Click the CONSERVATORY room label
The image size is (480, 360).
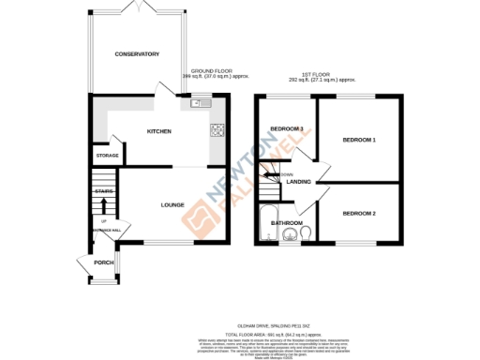point(137,54)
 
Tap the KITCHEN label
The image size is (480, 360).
point(158,132)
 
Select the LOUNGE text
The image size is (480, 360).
point(172,204)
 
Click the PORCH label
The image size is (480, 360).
point(103,262)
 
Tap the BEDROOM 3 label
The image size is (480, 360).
point(287,128)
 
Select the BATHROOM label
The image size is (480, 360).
point(286,222)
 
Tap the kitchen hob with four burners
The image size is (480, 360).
point(217,130)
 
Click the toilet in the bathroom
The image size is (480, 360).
point(306,232)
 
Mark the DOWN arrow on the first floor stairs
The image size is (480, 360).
point(271,173)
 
